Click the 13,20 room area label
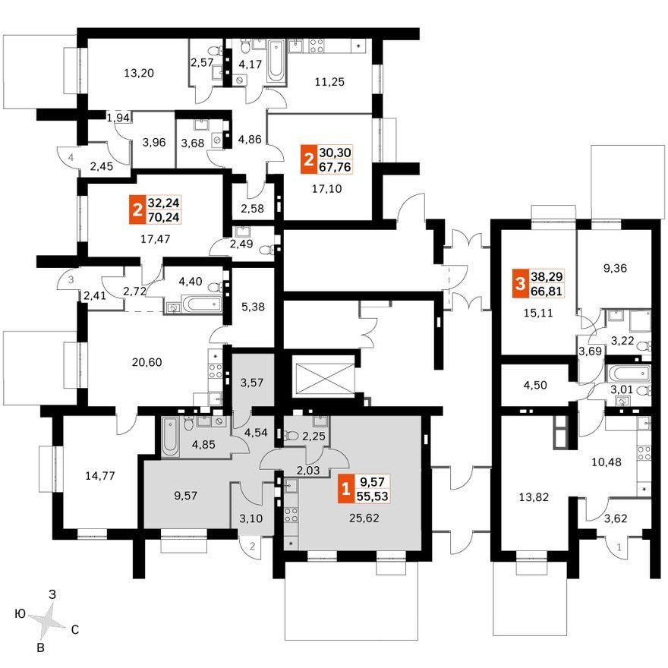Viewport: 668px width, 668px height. click(x=139, y=74)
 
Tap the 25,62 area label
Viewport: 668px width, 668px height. click(x=364, y=518)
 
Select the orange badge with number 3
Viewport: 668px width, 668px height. click(x=520, y=283)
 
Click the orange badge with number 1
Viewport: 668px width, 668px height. click(x=345, y=489)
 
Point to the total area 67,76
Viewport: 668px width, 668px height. click(x=335, y=166)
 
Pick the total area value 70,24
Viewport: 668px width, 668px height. click(x=164, y=217)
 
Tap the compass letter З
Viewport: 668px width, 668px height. click(x=52, y=594)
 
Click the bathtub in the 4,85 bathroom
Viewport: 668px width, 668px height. click(x=169, y=436)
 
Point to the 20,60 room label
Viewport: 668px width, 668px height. click(x=147, y=362)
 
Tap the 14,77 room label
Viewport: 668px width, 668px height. click(x=100, y=475)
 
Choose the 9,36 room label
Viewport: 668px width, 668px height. click(x=616, y=269)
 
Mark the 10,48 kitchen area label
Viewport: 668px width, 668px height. click(x=607, y=462)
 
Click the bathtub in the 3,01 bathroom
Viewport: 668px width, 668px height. click(x=628, y=373)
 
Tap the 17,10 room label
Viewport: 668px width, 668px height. click(x=326, y=188)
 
